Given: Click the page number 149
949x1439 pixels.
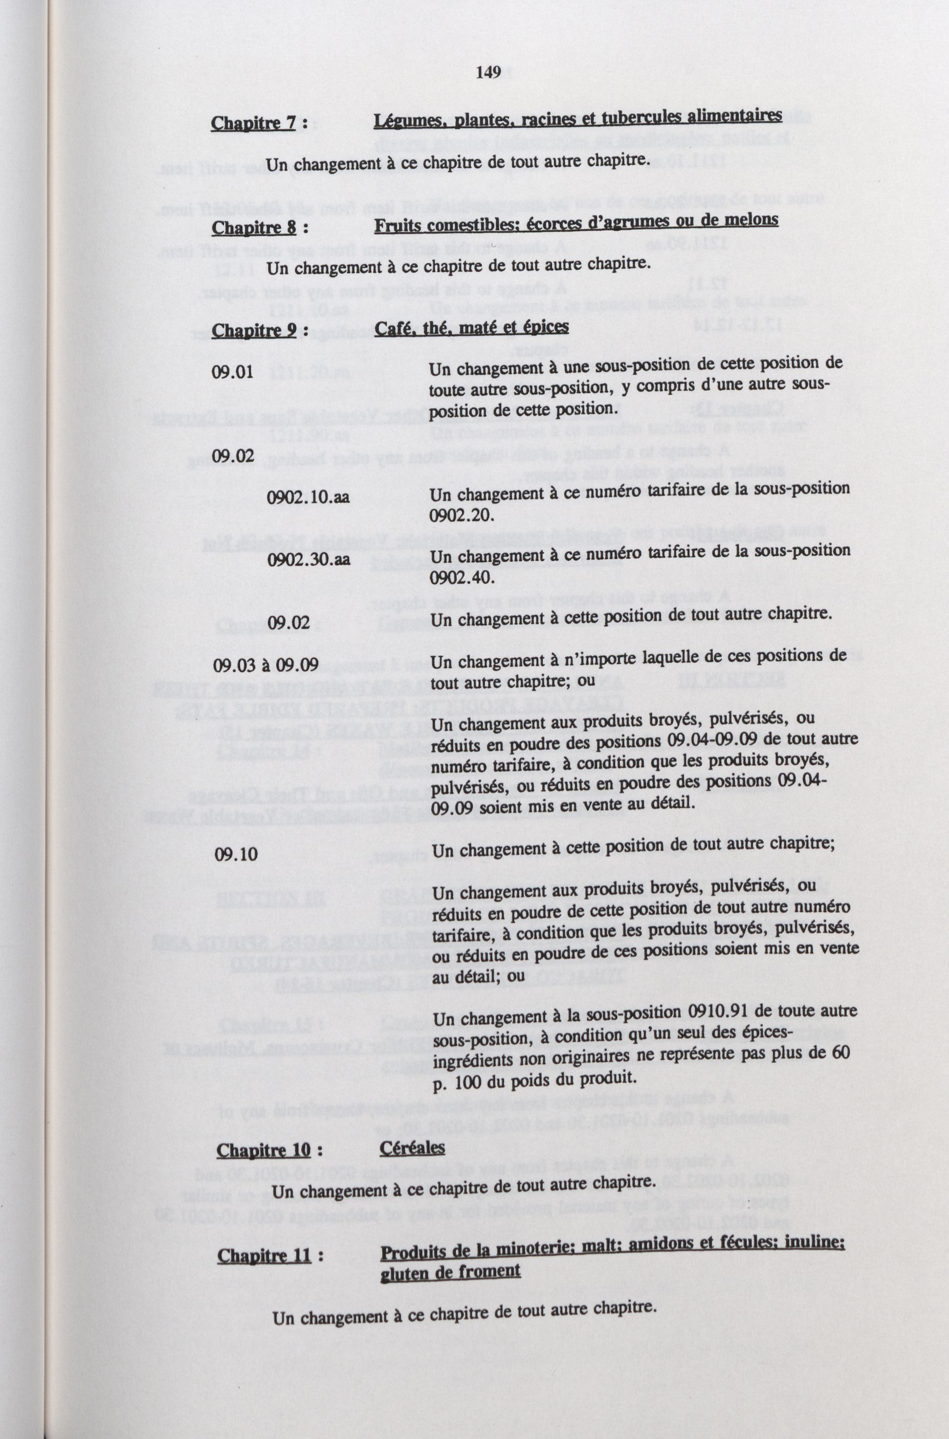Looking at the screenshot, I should click(488, 73).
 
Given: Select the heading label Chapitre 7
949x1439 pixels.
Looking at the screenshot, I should click(253, 123).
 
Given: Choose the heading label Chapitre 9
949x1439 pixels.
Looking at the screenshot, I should click(255, 331).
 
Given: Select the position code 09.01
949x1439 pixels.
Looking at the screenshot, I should click(232, 371).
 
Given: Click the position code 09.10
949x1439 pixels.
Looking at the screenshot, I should click(235, 855).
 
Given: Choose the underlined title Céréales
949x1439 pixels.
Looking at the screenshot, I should click(412, 1147).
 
